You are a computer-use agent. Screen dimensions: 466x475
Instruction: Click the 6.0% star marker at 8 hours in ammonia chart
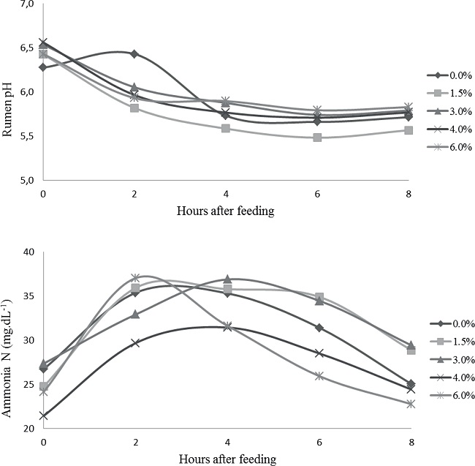click(x=411, y=404)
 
